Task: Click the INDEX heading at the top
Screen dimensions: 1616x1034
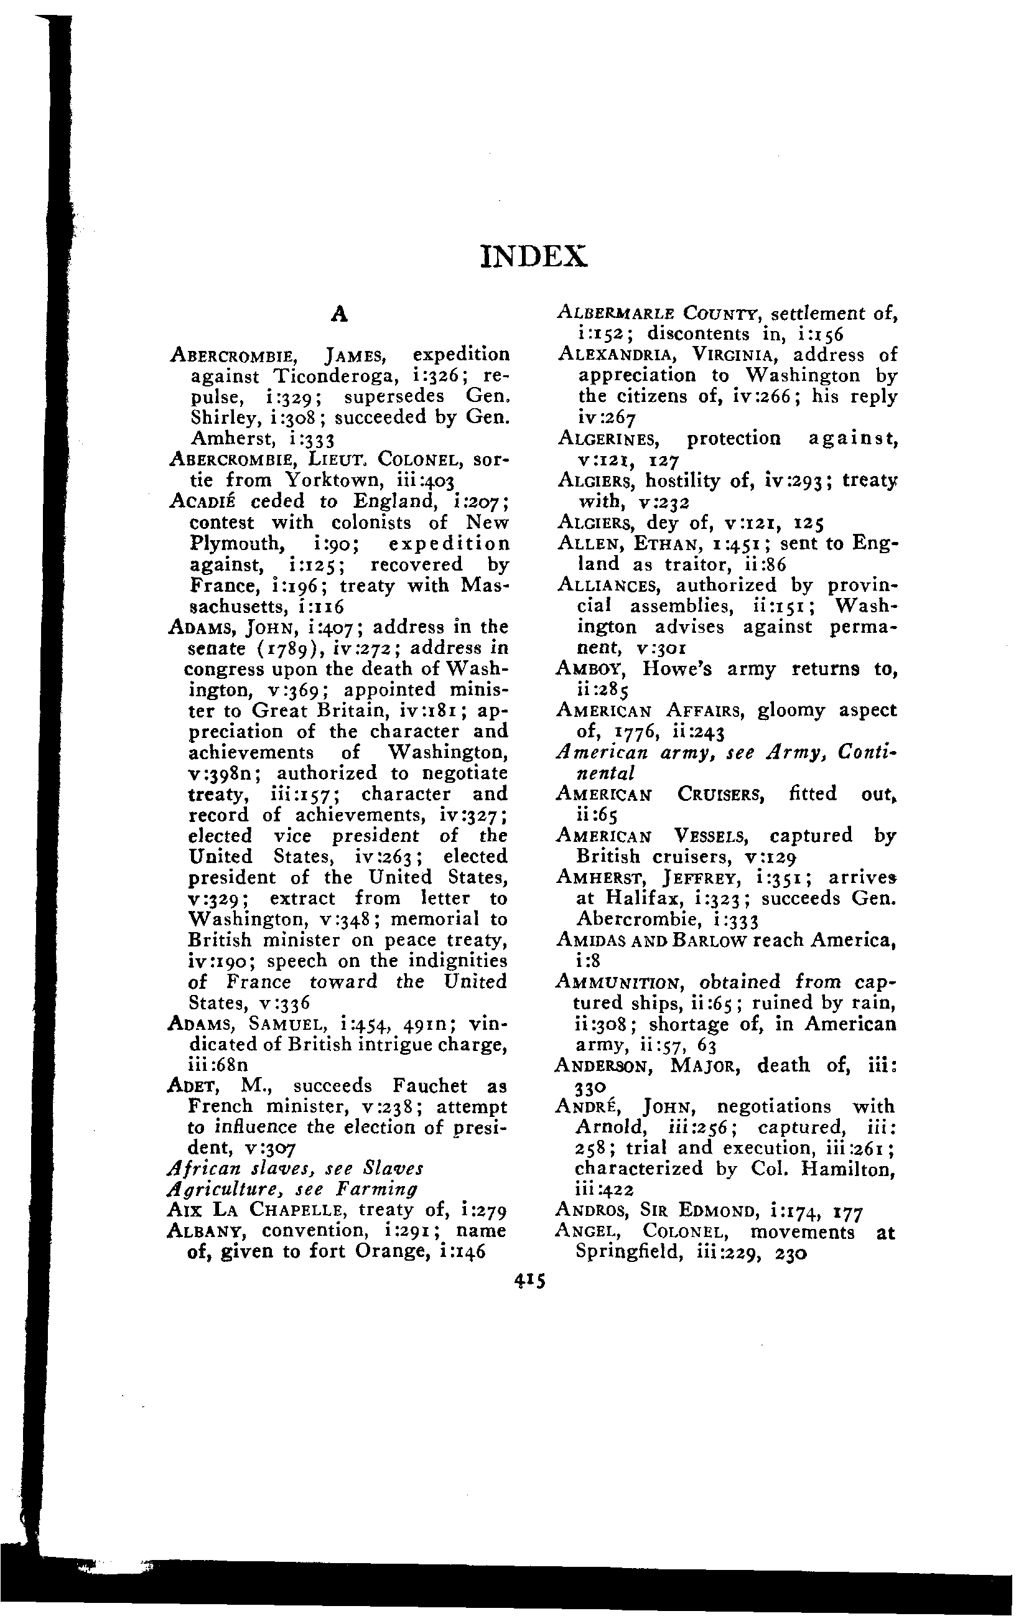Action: [534, 256]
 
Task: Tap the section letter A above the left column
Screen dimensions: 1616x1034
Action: [340, 314]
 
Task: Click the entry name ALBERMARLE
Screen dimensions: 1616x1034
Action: [617, 314]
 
